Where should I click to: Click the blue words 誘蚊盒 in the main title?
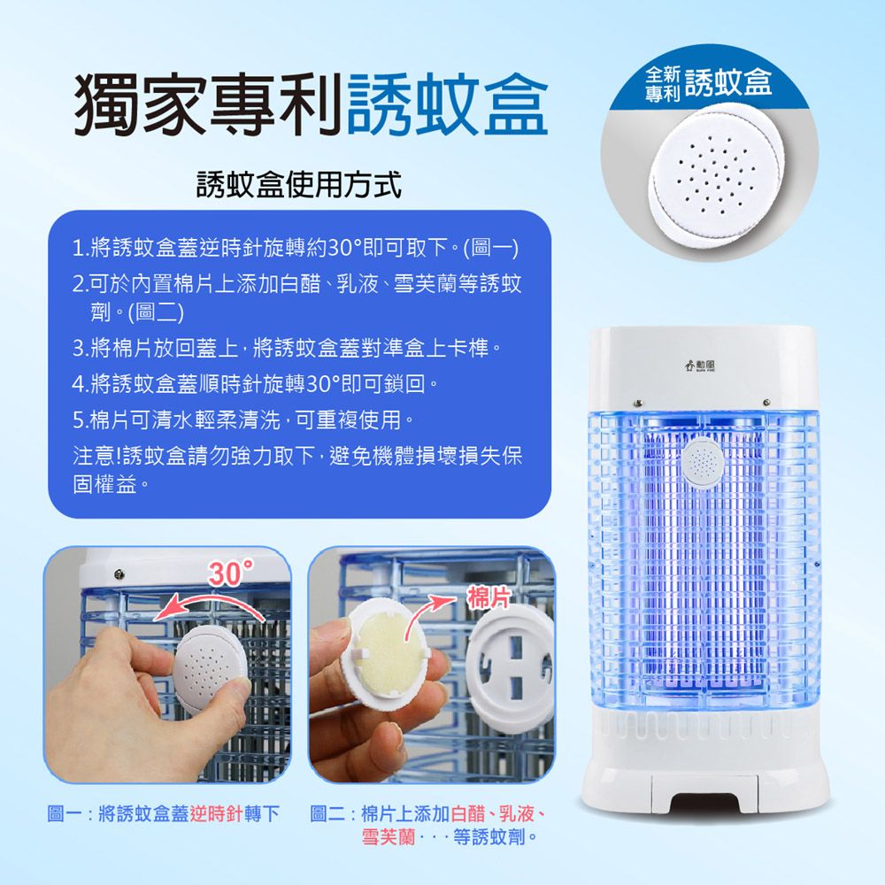[447, 105]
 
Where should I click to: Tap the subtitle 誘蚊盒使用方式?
[299, 185]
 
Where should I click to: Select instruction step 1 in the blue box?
[296, 247]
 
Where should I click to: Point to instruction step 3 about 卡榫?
[287, 348]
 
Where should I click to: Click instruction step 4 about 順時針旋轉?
[255, 384]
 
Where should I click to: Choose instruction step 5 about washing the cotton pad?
[243, 419]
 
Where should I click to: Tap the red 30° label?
[232, 573]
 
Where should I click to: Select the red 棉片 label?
[489, 597]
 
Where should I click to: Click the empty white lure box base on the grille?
[511, 671]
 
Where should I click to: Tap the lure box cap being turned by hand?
[210, 670]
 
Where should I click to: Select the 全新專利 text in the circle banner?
[663, 84]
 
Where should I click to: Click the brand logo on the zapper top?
[700, 366]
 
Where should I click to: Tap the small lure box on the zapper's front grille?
[704, 464]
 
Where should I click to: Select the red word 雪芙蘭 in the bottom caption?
[389, 836]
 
